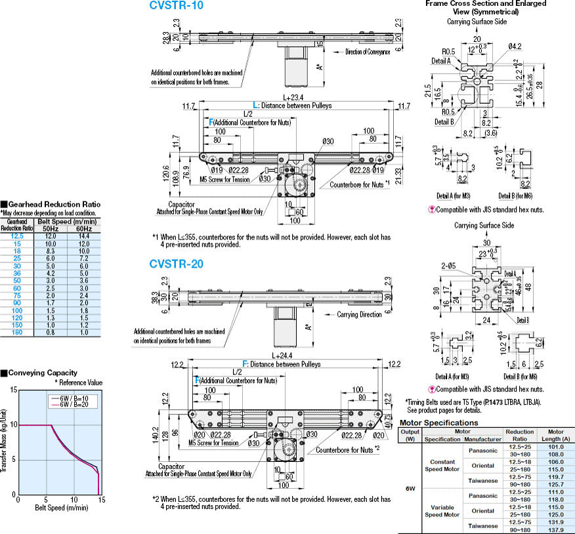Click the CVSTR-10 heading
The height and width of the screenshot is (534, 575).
177,6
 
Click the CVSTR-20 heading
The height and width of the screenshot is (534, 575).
177,264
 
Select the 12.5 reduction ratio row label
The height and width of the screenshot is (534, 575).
18,235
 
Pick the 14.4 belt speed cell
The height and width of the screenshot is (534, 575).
83,235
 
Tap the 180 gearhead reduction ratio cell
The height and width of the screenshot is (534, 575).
18,333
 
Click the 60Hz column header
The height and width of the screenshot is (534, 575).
83,228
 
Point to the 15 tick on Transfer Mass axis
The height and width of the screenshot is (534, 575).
13,390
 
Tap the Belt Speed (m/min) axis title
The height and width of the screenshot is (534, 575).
58,508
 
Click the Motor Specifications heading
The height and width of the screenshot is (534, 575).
438,422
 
